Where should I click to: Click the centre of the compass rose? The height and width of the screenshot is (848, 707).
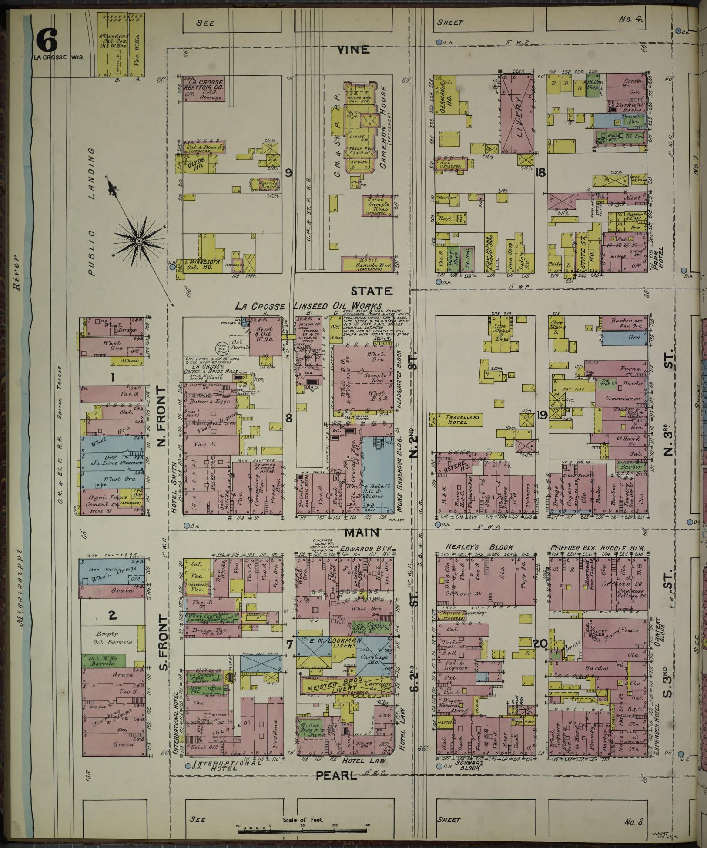138,241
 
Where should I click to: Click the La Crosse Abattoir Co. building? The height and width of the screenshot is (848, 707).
203,90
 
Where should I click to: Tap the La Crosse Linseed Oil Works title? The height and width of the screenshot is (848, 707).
308,306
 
